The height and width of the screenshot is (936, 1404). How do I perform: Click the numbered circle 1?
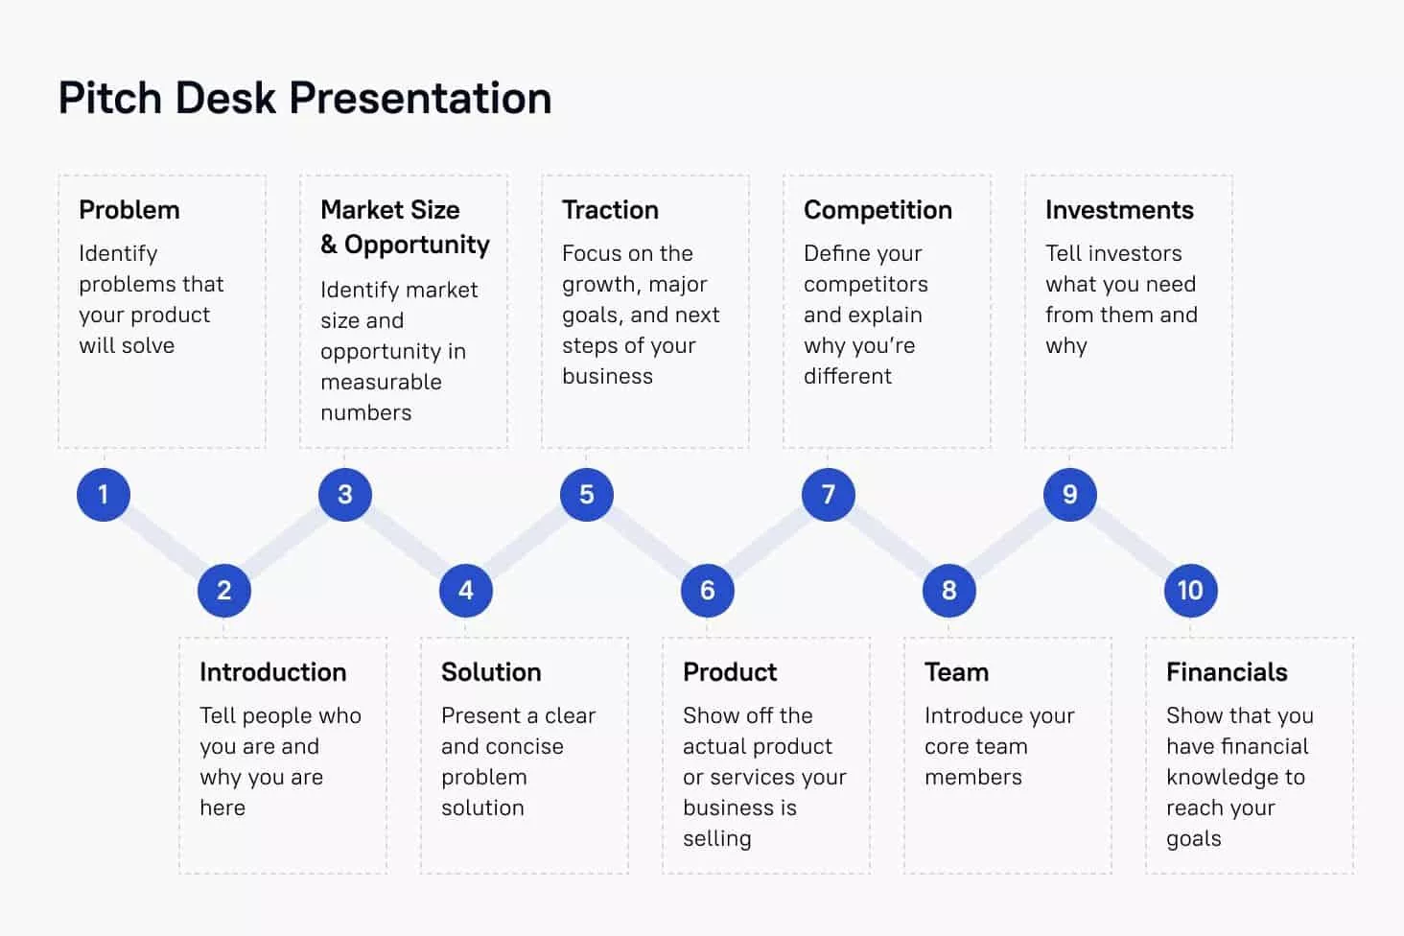(x=104, y=495)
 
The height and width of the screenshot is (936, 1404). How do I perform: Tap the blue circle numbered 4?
(x=466, y=591)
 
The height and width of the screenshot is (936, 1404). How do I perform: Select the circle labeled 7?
(x=828, y=495)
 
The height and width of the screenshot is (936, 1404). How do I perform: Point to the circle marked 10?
(x=1190, y=591)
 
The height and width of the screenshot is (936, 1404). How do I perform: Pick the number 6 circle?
(x=707, y=591)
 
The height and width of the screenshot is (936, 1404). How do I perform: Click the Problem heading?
(x=129, y=210)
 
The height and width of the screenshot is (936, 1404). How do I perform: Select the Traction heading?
(x=610, y=210)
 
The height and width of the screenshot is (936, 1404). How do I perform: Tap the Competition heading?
(x=877, y=211)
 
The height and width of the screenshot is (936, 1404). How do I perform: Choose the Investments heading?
(x=1119, y=210)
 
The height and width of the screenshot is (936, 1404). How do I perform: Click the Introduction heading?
(x=272, y=672)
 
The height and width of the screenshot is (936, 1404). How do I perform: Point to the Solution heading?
(x=491, y=672)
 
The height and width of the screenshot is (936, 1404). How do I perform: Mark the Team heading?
(x=956, y=672)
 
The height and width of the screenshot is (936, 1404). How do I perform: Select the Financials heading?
(x=1227, y=672)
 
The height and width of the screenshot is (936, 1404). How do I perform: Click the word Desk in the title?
(x=225, y=99)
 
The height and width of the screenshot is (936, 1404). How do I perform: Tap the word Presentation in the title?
(x=420, y=99)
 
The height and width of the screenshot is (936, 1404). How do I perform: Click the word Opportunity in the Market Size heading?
(x=417, y=246)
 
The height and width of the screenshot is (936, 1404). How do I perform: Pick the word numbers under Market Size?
(x=366, y=412)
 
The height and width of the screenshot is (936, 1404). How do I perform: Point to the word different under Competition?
(x=848, y=376)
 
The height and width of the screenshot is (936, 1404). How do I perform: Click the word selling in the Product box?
(x=717, y=839)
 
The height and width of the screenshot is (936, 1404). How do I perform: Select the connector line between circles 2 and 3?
(x=285, y=543)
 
